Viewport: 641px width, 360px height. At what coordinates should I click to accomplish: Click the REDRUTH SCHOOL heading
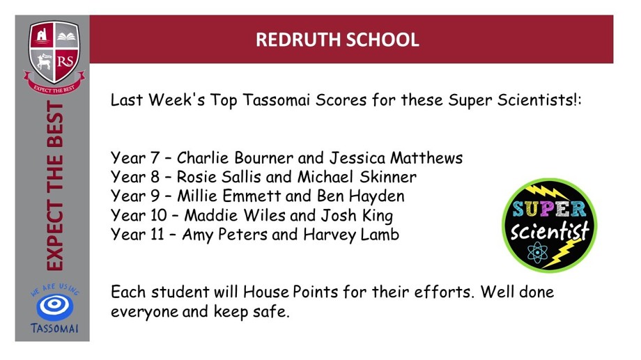click(x=337, y=40)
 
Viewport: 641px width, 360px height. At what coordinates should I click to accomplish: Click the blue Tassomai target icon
click(x=55, y=306)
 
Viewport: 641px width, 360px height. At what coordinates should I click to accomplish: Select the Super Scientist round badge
click(x=549, y=225)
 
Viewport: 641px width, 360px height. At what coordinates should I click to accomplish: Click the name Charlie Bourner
click(x=235, y=158)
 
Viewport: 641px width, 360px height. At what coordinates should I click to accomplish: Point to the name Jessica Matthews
click(x=396, y=158)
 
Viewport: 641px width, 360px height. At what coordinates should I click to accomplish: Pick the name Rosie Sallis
click(x=219, y=177)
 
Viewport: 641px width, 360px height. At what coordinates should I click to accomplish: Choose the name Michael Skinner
click(x=357, y=177)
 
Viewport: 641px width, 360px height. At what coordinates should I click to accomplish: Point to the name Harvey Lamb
click(x=351, y=235)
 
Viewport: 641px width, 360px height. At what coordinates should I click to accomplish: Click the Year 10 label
click(x=139, y=215)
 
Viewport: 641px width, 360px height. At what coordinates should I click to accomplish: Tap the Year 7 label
click(x=135, y=158)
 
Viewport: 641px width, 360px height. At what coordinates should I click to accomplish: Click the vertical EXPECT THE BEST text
click(x=55, y=185)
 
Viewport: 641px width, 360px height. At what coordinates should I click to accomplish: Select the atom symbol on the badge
click(x=537, y=253)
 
